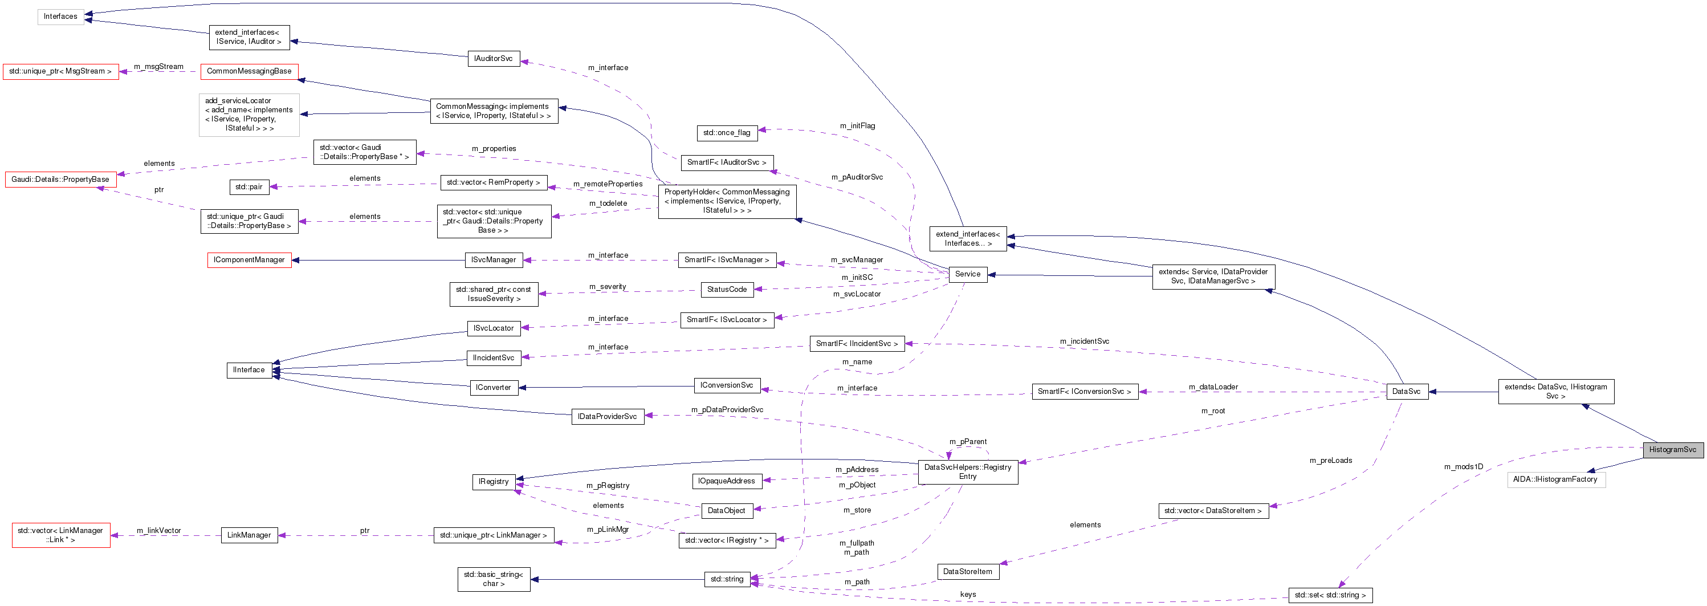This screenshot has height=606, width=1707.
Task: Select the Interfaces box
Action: [x=60, y=17]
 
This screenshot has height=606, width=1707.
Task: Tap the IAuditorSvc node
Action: [x=493, y=58]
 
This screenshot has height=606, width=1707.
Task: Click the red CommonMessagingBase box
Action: [x=249, y=71]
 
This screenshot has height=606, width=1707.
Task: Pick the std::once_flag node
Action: [x=726, y=133]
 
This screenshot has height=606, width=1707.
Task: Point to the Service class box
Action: [x=967, y=274]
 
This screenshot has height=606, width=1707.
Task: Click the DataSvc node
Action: [x=1405, y=391]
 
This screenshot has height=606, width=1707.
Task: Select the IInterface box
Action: [x=248, y=370]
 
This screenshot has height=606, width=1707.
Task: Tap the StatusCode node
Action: [x=726, y=289]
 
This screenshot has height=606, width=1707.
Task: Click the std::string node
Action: [x=726, y=579]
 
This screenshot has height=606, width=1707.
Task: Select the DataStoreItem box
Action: [x=967, y=572]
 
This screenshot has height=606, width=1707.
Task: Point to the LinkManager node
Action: [x=248, y=535]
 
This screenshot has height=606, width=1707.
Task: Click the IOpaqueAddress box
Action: [x=726, y=481]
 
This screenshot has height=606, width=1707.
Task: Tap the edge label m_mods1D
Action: [x=1463, y=467]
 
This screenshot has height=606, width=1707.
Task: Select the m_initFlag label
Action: [x=857, y=125]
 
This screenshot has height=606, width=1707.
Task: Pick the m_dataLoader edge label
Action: [x=1213, y=387]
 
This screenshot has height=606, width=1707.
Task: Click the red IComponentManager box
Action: [x=249, y=260]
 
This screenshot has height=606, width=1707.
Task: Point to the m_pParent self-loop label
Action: [x=967, y=442]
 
